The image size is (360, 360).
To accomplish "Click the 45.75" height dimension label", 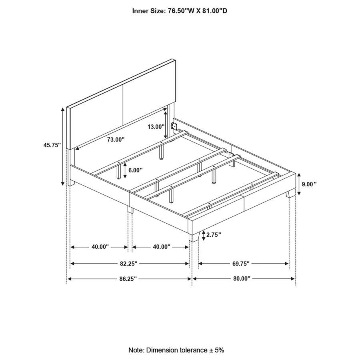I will (52, 145).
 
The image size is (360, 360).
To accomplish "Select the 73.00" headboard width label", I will (116, 140).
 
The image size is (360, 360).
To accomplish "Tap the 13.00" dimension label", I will (156, 127).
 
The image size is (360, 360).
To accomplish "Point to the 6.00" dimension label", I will (136, 170).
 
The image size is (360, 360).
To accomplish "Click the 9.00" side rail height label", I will (309, 184).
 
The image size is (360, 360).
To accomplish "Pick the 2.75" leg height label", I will (214, 235).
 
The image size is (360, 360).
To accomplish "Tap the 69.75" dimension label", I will (241, 264).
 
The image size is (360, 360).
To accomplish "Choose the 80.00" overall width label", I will (241, 278).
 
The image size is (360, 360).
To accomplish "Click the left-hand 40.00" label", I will (100, 247).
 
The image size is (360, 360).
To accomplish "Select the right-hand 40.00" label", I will (162, 247).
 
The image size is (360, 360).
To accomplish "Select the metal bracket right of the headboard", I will (174, 127).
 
